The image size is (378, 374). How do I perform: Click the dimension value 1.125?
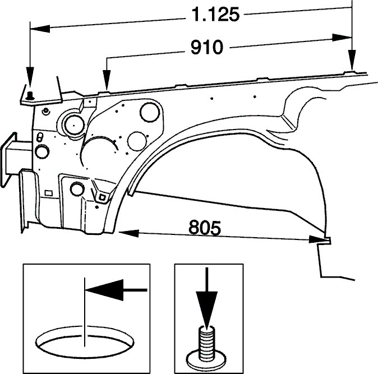pyautogui.click(x=216, y=15)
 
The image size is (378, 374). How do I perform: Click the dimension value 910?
pyautogui.click(x=207, y=47)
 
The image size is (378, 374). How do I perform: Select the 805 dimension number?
pyautogui.click(x=205, y=227)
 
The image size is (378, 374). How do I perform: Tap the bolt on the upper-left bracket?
pyautogui.click(x=30, y=96)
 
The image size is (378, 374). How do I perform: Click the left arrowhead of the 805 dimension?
pyautogui.click(x=128, y=233)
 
